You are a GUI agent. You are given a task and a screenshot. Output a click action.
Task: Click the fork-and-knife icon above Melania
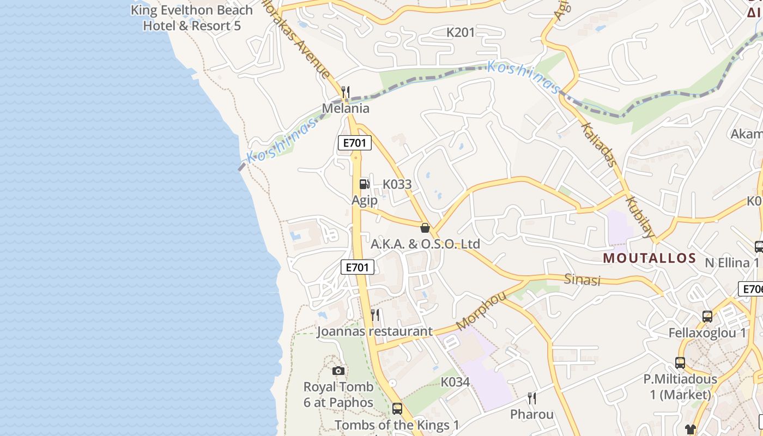point(345,92)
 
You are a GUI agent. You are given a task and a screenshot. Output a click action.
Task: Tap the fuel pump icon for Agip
point(364,184)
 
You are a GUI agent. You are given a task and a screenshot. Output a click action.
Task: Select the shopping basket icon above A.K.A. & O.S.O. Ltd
point(425,228)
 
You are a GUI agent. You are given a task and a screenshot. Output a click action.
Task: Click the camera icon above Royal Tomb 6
point(338,371)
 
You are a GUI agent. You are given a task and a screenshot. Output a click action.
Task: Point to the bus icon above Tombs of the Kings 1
point(397,408)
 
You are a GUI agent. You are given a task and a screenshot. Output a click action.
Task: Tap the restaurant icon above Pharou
point(531,398)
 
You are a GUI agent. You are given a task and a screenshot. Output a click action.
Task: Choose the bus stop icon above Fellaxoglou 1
point(707,317)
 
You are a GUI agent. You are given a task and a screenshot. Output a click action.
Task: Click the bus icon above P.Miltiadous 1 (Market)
point(680,363)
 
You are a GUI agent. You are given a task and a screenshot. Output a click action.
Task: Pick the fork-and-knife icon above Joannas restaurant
point(375,314)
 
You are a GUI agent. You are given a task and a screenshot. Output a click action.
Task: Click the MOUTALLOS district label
point(649,258)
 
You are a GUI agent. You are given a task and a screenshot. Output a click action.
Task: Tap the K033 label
point(397,184)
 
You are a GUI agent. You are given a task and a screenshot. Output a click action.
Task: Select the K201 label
point(461,33)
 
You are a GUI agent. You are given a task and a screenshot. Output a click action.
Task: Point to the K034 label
point(455,382)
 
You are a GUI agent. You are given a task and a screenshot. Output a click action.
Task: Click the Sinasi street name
point(582,280)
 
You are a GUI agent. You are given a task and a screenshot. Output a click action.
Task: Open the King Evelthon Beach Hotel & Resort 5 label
point(192,17)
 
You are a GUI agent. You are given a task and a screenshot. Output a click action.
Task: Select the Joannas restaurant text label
point(374,331)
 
